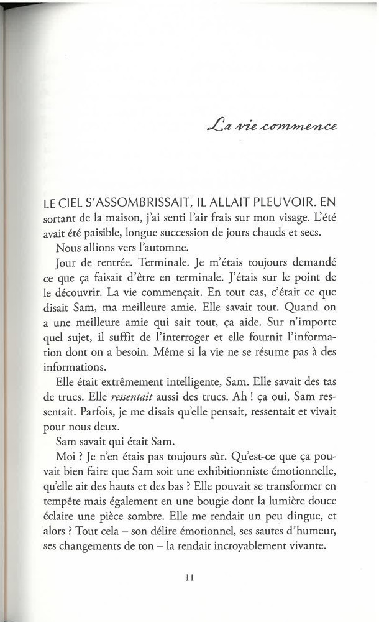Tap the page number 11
(190, 577)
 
